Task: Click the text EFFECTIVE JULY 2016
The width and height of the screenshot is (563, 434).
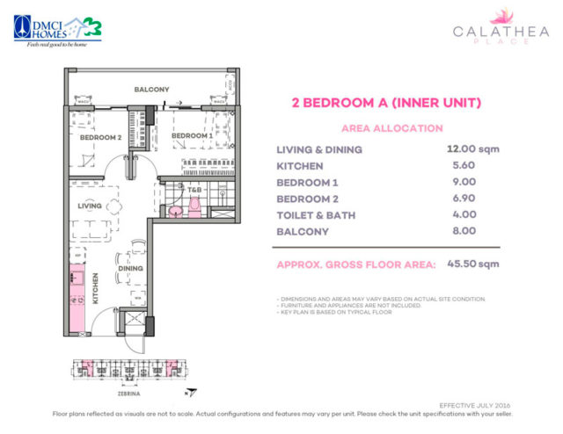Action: [x=476, y=403]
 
